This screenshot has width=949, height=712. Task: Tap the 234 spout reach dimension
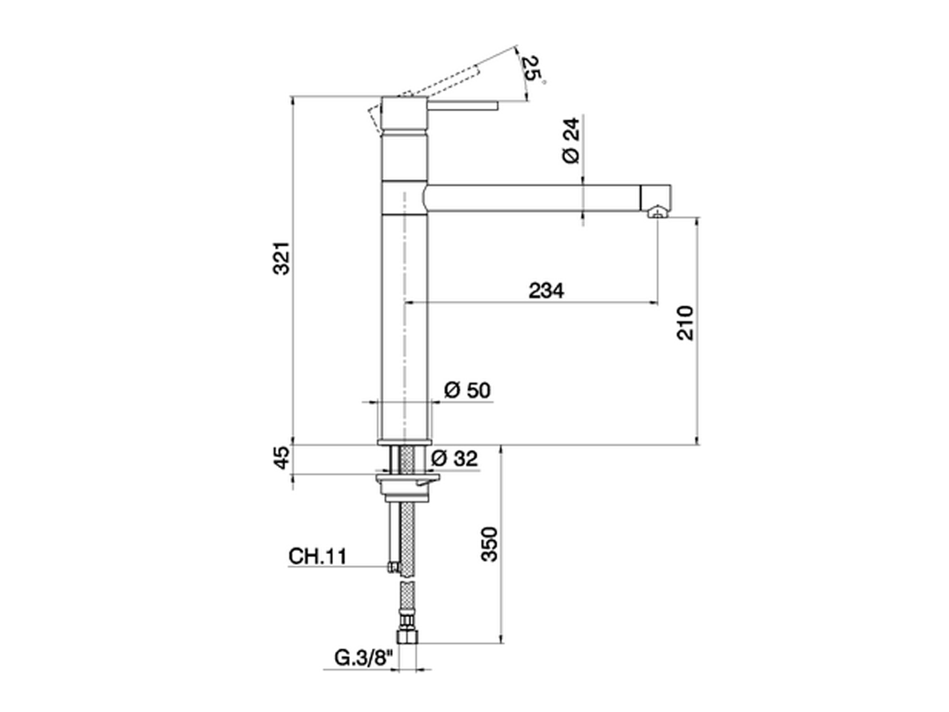(546, 291)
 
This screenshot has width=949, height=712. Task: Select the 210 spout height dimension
(685, 323)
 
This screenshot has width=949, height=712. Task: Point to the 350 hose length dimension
(489, 544)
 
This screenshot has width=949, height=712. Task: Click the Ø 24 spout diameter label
(571, 140)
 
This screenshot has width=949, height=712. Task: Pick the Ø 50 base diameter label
(467, 390)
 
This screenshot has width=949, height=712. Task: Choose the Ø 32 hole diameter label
(454, 458)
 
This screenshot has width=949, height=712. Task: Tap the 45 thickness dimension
(282, 458)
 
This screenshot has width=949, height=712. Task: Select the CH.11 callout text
(318, 556)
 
